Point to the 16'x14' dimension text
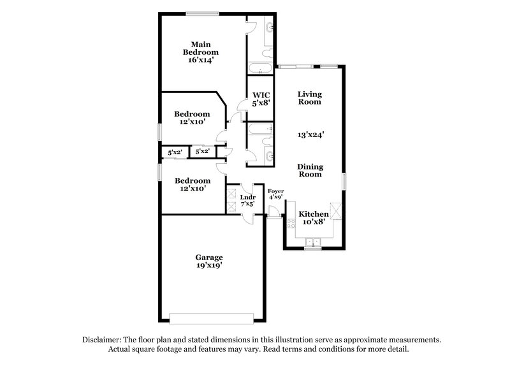pos(201,60)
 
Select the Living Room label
pos(309,98)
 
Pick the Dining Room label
pos(309,170)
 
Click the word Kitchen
pos(314,214)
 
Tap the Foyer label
pos(275,191)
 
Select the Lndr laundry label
pos(247,197)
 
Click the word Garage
pos(209,258)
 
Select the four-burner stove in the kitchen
pos(291,224)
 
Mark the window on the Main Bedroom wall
pos(202,13)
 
